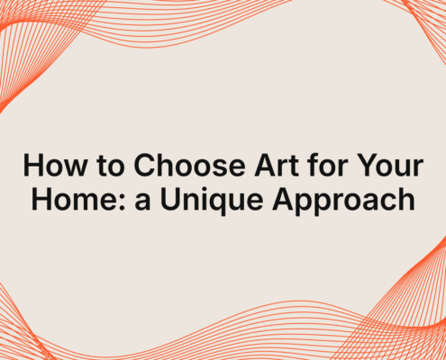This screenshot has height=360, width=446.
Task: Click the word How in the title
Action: tap(56, 165)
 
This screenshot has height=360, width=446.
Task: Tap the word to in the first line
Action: tap(111, 166)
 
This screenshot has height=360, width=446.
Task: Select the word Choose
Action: tap(190, 165)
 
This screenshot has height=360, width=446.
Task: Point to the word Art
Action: tap(277, 165)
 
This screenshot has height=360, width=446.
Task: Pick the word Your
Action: tap(390, 165)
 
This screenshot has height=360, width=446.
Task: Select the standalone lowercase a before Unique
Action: tap(142, 202)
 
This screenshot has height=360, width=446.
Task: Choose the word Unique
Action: tap(212, 201)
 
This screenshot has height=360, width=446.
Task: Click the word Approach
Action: tap(343, 202)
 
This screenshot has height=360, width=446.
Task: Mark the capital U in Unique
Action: tap(170, 199)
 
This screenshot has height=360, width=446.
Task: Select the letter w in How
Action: tap(76, 168)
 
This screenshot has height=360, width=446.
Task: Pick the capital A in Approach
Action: tap(283, 199)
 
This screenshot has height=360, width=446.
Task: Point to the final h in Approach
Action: tap(408, 199)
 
